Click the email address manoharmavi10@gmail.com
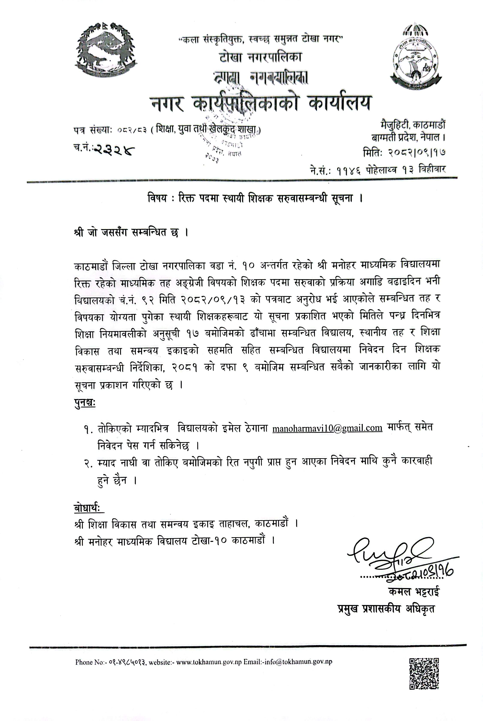click(327, 428)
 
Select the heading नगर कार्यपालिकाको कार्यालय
click(261, 104)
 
